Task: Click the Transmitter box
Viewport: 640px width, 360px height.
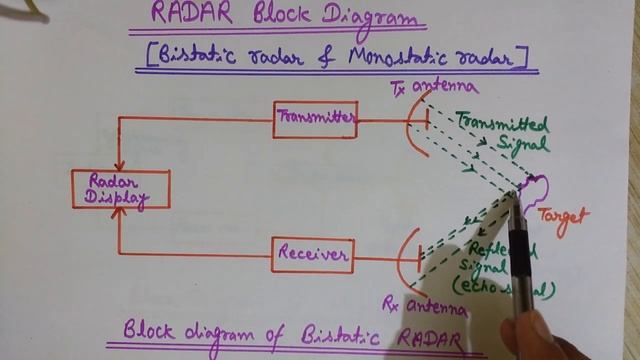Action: pos(315,120)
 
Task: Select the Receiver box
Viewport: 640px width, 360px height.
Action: pos(314,255)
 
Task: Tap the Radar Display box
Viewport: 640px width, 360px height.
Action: pos(120,189)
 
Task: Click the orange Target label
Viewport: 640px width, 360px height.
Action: pos(563,215)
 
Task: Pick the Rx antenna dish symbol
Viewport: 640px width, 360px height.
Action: pos(409,256)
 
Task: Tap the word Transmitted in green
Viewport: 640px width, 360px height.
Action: pos(502,125)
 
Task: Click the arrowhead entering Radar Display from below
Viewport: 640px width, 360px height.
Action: pos(119,215)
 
